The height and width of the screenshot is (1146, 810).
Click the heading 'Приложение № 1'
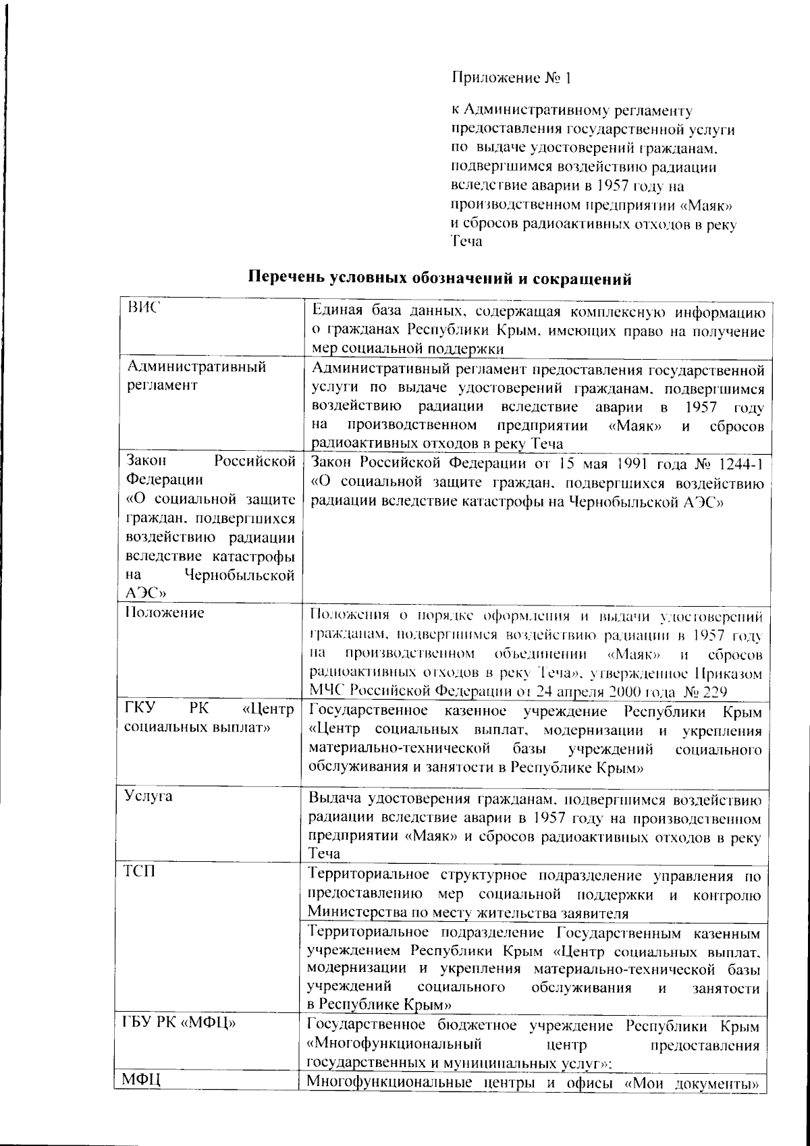click(511, 78)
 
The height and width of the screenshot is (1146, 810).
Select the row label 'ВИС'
click(142, 308)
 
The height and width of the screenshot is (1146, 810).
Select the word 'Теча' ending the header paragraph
click(466, 241)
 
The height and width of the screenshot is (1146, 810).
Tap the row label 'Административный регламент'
click(196, 376)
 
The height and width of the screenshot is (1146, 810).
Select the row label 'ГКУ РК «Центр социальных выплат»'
click(209, 719)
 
